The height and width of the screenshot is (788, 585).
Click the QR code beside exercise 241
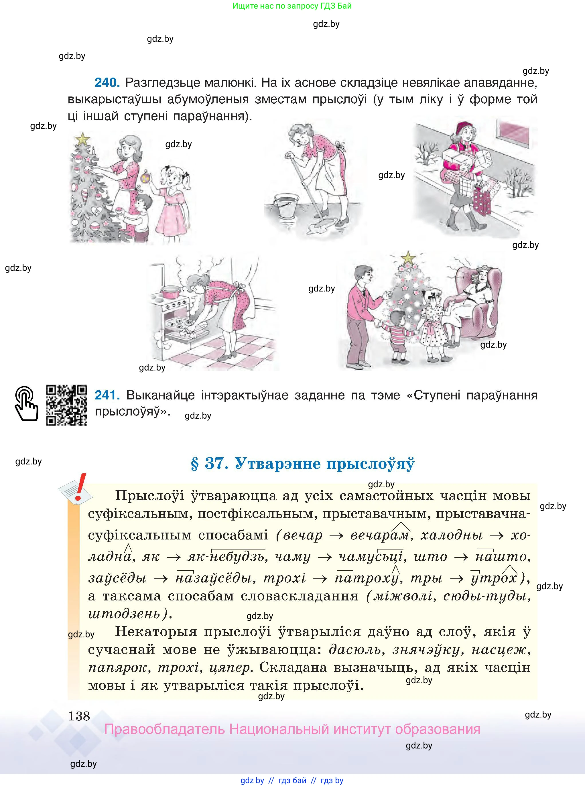point(66,405)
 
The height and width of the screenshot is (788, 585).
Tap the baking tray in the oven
point(184,325)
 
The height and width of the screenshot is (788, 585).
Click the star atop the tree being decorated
point(83,139)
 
